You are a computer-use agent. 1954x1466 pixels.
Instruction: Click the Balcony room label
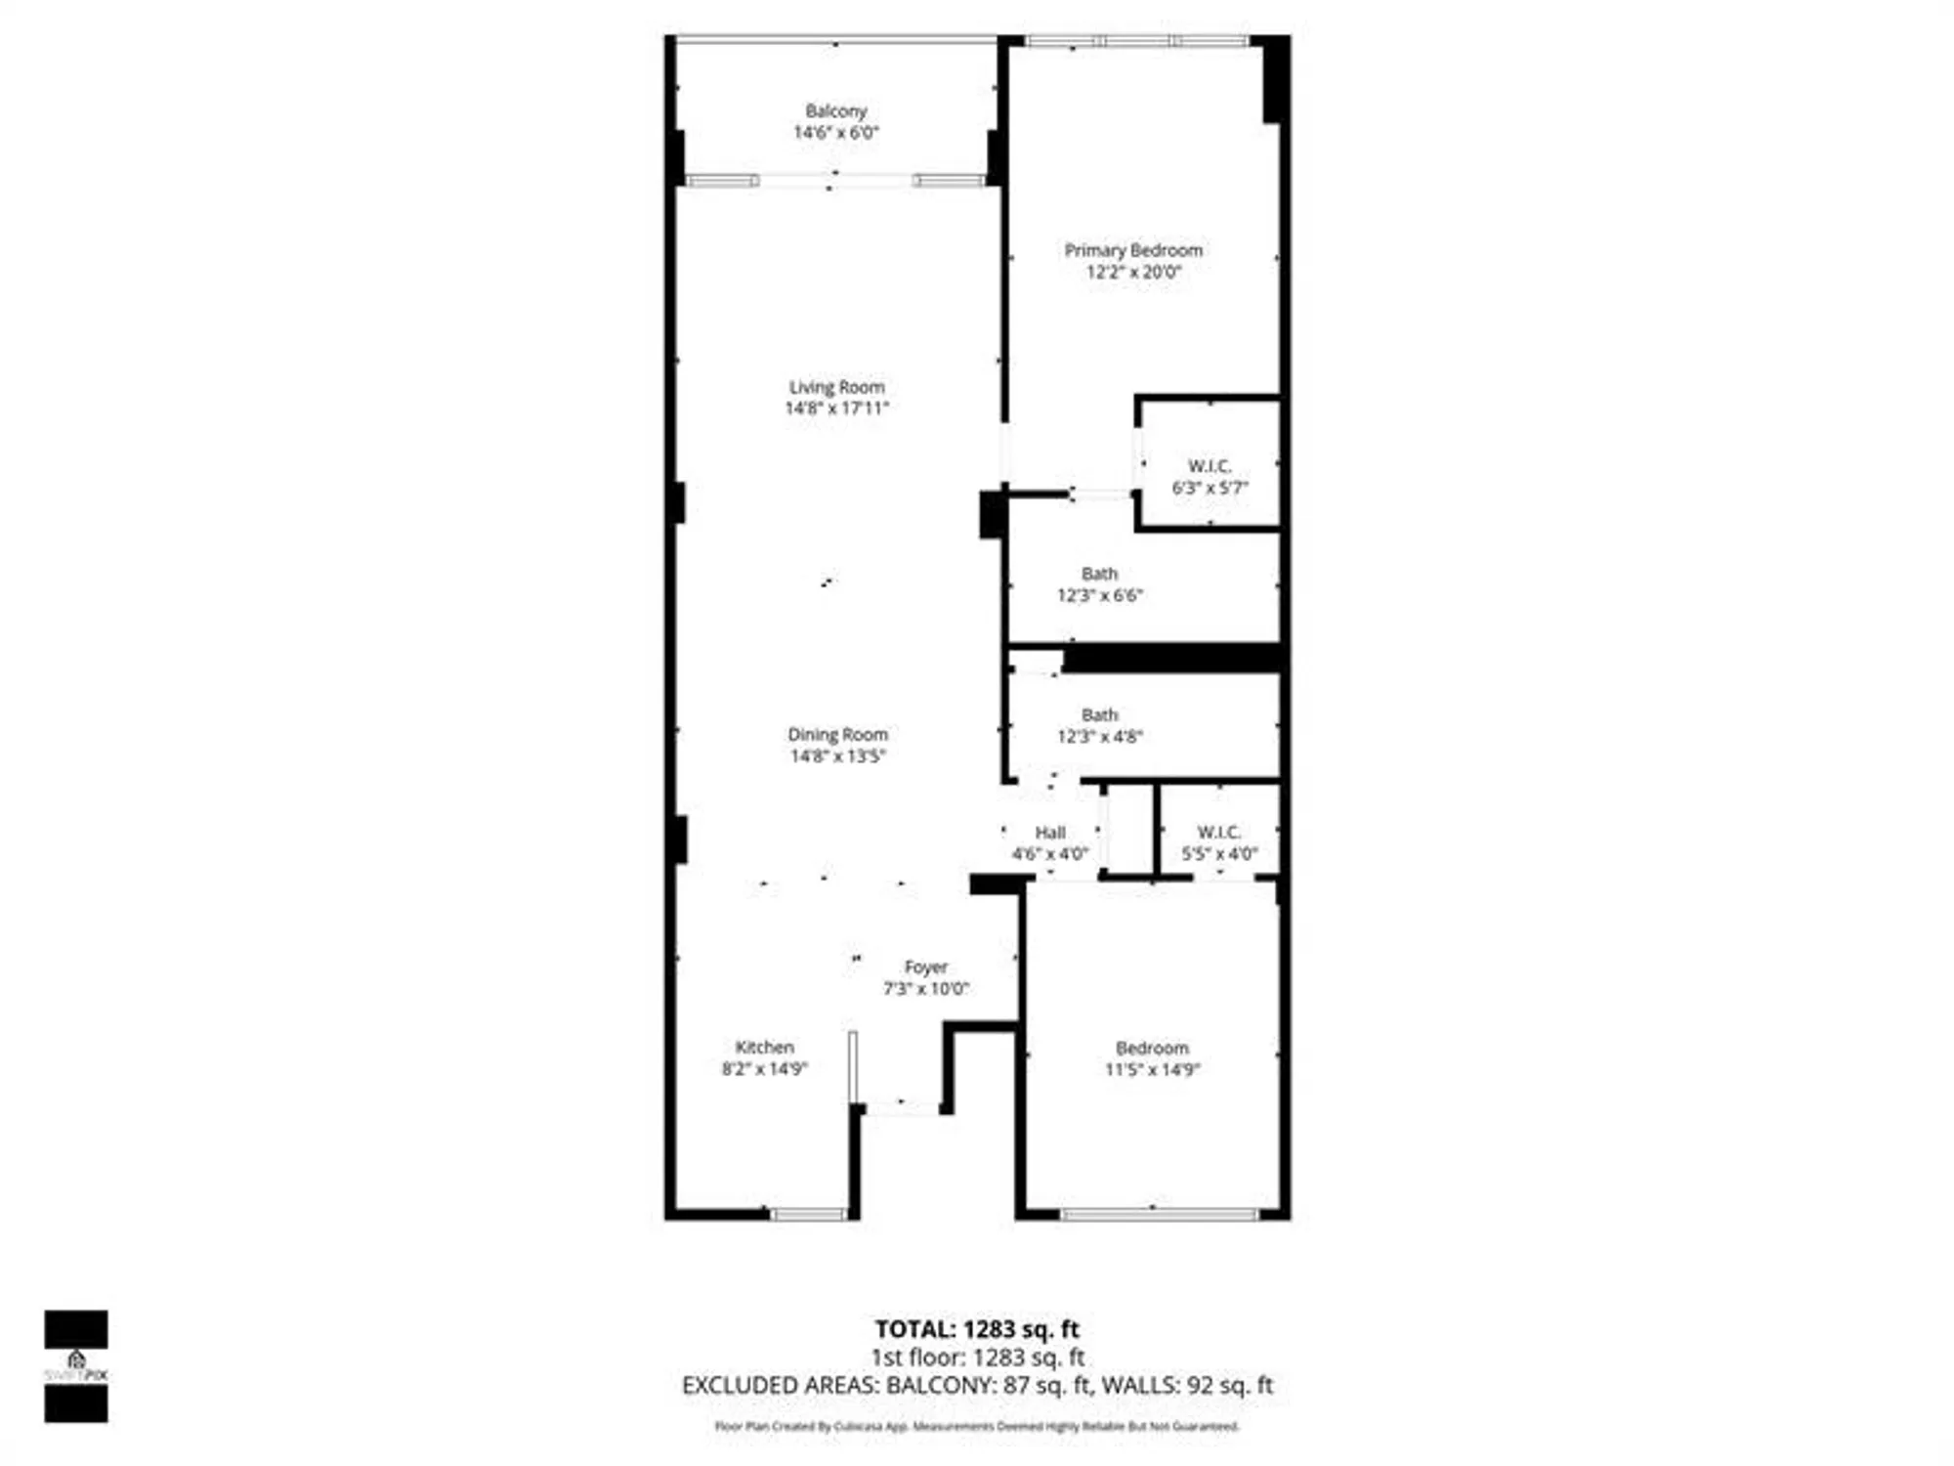tap(835, 111)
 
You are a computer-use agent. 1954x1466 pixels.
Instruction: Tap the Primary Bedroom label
tap(1133, 250)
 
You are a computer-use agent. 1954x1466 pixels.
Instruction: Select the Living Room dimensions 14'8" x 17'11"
tap(837, 409)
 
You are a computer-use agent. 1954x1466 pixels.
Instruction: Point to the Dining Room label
tap(837, 734)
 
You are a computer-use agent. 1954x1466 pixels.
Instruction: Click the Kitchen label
tap(764, 1047)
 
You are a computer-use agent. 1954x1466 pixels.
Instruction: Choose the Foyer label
tap(925, 967)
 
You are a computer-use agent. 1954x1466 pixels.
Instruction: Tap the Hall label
tap(1050, 833)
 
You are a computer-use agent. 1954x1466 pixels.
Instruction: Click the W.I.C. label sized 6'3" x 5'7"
tap(1210, 466)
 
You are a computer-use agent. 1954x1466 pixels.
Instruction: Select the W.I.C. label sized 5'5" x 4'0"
tap(1219, 832)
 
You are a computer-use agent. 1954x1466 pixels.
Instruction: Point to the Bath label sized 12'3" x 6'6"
tap(1099, 574)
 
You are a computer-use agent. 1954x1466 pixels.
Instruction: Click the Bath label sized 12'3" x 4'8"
tap(1099, 715)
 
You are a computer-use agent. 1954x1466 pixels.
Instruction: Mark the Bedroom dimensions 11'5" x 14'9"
tap(1153, 1069)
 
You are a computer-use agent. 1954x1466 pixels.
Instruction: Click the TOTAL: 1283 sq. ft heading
tap(977, 1329)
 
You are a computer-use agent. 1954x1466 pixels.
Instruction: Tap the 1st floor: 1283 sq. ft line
tap(977, 1358)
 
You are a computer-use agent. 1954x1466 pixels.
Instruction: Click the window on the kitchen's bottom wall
tap(808, 1215)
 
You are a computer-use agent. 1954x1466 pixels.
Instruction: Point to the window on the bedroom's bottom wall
tap(1159, 1215)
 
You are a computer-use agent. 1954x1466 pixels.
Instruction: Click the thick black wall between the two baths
tap(1172, 658)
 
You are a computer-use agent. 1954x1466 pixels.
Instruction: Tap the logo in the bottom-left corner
tap(76, 1365)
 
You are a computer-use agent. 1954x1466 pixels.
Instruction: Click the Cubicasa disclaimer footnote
tap(977, 1427)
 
